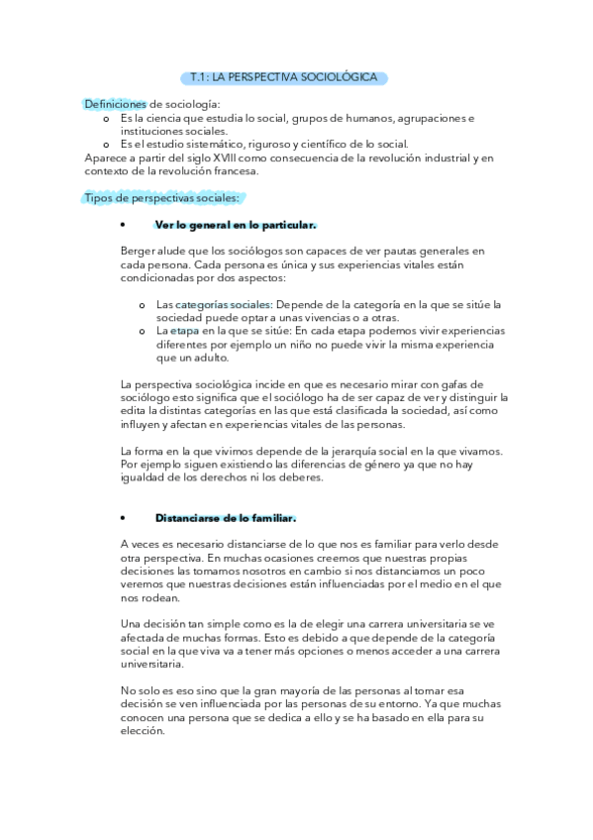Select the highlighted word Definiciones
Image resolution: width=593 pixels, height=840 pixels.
coord(115,104)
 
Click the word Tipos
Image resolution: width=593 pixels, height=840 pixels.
coord(99,198)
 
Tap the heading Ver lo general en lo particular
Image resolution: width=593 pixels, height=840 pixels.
coord(236,225)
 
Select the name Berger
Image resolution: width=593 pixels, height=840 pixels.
coord(139,252)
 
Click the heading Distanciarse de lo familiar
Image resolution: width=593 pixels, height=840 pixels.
coord(226,518)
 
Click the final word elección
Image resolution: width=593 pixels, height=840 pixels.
coord(146,733)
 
